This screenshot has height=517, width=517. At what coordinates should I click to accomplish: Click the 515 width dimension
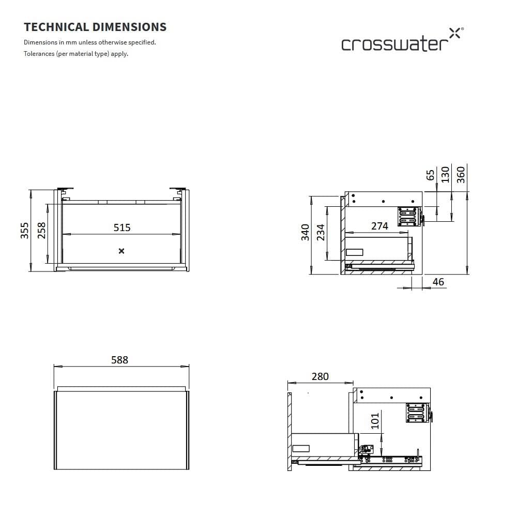[122, 227]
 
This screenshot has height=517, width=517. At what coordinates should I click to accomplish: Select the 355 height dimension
[24, 230]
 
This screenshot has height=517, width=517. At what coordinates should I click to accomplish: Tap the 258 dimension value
[41, 230]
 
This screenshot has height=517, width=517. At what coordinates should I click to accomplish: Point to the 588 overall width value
[119, 360]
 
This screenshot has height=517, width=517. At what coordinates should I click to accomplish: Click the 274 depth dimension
[379, 226]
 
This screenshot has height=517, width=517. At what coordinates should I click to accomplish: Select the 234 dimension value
[321, 232]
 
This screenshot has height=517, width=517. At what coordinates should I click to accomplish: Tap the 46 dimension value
[438, 282]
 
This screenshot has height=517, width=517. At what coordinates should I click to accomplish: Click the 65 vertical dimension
[430, 175]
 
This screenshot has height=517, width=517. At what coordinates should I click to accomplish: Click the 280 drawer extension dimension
[320, 376]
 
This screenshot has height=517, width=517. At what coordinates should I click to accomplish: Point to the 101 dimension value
[375, 420]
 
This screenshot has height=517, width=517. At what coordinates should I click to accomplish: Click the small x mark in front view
[121, 251]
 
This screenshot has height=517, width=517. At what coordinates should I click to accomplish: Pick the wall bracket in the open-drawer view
[417, 413]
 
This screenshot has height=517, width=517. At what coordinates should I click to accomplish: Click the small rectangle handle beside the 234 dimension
[355, 252]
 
